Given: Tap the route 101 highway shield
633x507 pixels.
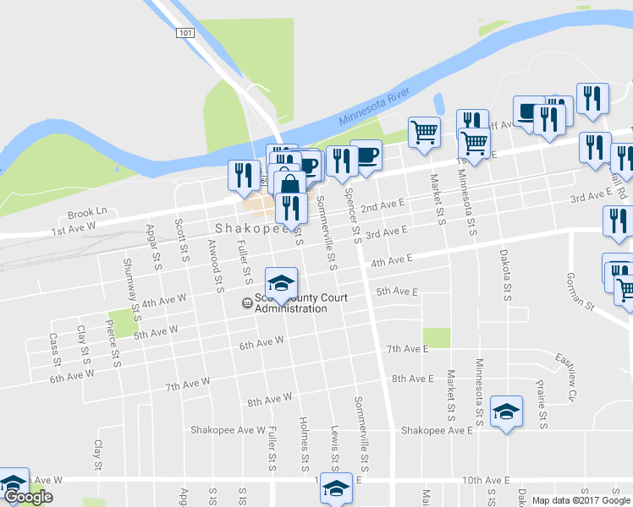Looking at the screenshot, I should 186,32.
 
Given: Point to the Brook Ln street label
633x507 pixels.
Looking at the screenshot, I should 88,212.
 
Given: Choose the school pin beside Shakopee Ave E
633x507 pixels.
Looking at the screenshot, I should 506,412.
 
